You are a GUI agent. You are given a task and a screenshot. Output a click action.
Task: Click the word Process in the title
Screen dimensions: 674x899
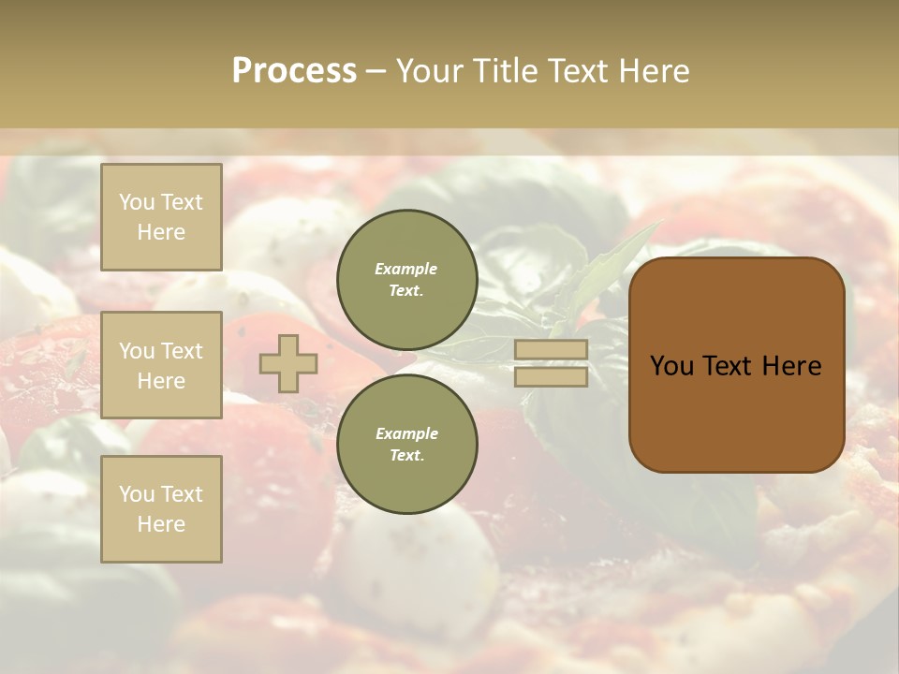point(294,71)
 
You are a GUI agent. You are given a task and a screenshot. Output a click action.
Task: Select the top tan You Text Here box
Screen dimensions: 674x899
point(161,217)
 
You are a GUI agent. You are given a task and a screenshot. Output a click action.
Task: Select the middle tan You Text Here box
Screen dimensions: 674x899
point(161,365)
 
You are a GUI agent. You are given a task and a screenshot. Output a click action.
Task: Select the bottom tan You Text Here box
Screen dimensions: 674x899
point(161,509)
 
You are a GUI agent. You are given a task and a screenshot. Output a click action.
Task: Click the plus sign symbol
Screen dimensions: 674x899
point(287,363)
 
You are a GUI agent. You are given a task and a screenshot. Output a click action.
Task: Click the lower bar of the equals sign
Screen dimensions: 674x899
point(551,376)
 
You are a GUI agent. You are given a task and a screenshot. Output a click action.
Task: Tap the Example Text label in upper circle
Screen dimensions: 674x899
point(406,279)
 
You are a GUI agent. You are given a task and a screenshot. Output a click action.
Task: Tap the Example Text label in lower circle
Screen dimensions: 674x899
point(406,444)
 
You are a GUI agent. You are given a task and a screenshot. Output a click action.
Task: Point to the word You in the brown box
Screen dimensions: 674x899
point(672,366)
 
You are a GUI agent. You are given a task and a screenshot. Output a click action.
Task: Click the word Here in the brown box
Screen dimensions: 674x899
point(791,366)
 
